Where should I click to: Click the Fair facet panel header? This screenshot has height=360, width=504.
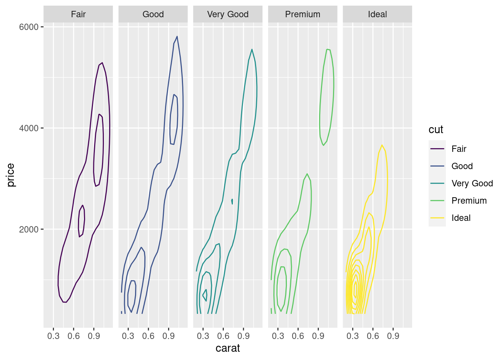78,14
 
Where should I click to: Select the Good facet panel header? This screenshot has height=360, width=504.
153,14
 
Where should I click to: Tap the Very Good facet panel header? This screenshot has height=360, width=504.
228,14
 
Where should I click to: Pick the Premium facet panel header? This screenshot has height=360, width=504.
303,14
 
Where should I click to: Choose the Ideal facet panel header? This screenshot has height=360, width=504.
377,14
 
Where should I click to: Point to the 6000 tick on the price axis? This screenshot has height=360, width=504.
29,27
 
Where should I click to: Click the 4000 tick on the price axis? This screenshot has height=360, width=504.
29,128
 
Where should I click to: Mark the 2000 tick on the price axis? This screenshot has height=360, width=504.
29,229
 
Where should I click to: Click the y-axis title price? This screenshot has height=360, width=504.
10,175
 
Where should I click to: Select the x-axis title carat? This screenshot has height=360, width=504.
228,348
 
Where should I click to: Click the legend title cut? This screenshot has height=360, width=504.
436,130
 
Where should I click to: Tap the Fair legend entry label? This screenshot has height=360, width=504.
459,149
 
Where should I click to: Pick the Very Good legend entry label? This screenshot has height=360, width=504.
472,183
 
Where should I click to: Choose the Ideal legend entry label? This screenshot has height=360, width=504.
461,218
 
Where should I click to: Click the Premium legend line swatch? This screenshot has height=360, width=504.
437,201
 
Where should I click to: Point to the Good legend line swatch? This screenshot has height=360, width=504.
437,166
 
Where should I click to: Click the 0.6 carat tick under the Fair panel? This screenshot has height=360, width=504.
74,336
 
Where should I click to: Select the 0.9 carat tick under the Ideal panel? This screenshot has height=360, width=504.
393,336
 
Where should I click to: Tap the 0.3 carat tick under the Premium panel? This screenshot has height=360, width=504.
278,336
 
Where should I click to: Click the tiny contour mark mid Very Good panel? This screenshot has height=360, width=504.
232,201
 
